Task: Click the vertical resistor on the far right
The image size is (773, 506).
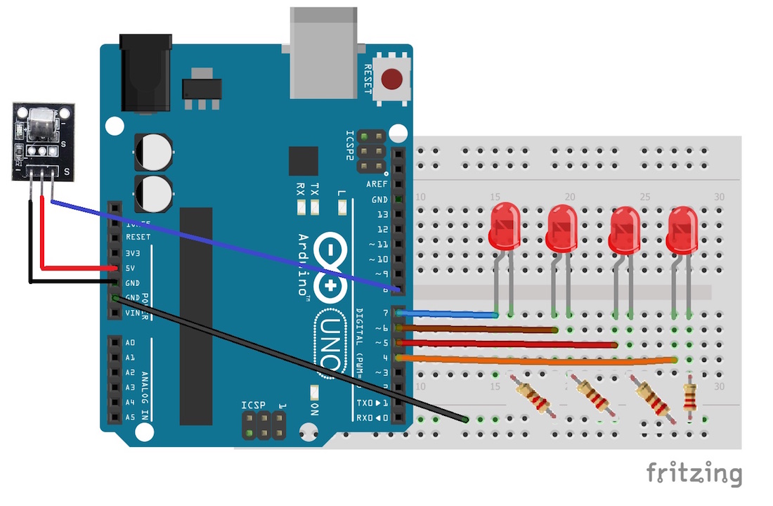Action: point(690,396)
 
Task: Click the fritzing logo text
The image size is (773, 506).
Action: point(694,473)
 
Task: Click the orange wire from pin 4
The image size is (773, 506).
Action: point(534,359)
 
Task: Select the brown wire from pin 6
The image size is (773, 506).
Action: point(478,328)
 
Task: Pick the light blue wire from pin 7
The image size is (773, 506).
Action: point(450,313)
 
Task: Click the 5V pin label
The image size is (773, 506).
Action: point(131,268)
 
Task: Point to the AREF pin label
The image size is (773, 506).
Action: point(377,184)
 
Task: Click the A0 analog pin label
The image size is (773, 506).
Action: point(130,342)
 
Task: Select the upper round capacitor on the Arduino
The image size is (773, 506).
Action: point(153,151)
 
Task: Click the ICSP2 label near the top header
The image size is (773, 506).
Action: point(351,145)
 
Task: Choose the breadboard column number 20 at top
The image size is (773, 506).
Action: point(570,197)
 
